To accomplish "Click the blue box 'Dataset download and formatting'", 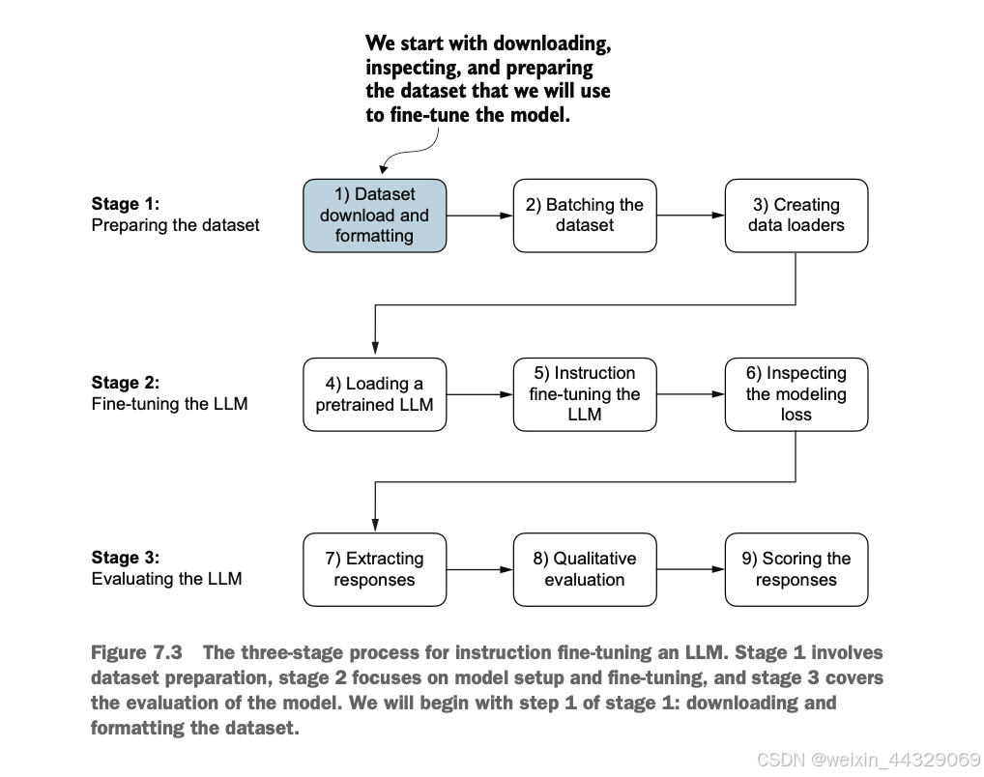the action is tap(375, 216).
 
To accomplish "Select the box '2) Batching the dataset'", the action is tap(585, 216).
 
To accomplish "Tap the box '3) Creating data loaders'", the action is tap(796, 216).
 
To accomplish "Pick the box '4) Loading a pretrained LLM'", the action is tap(375, 394).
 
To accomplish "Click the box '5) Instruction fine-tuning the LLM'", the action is tap(585, 394).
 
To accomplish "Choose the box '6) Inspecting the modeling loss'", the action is tap(796, 394).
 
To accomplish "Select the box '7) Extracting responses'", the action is tap(375, 570).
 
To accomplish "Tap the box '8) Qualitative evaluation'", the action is tap(585, 570).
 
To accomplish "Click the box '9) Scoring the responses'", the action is tap(796, 570).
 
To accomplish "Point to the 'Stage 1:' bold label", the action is tap(126, 204).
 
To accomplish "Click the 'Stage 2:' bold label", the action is tap(126, 383).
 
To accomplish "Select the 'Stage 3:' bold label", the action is tap(126, 558).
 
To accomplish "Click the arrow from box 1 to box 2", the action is tap(480, 216).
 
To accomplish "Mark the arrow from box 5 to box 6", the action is tap(691, 394).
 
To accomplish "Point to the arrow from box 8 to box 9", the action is tap(691, 570).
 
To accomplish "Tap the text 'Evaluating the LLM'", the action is tap(167, 579).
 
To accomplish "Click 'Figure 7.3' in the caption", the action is tap(137, 652).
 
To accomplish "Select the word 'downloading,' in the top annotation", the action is tap(552, 43).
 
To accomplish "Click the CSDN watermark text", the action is tap(869, 760).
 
